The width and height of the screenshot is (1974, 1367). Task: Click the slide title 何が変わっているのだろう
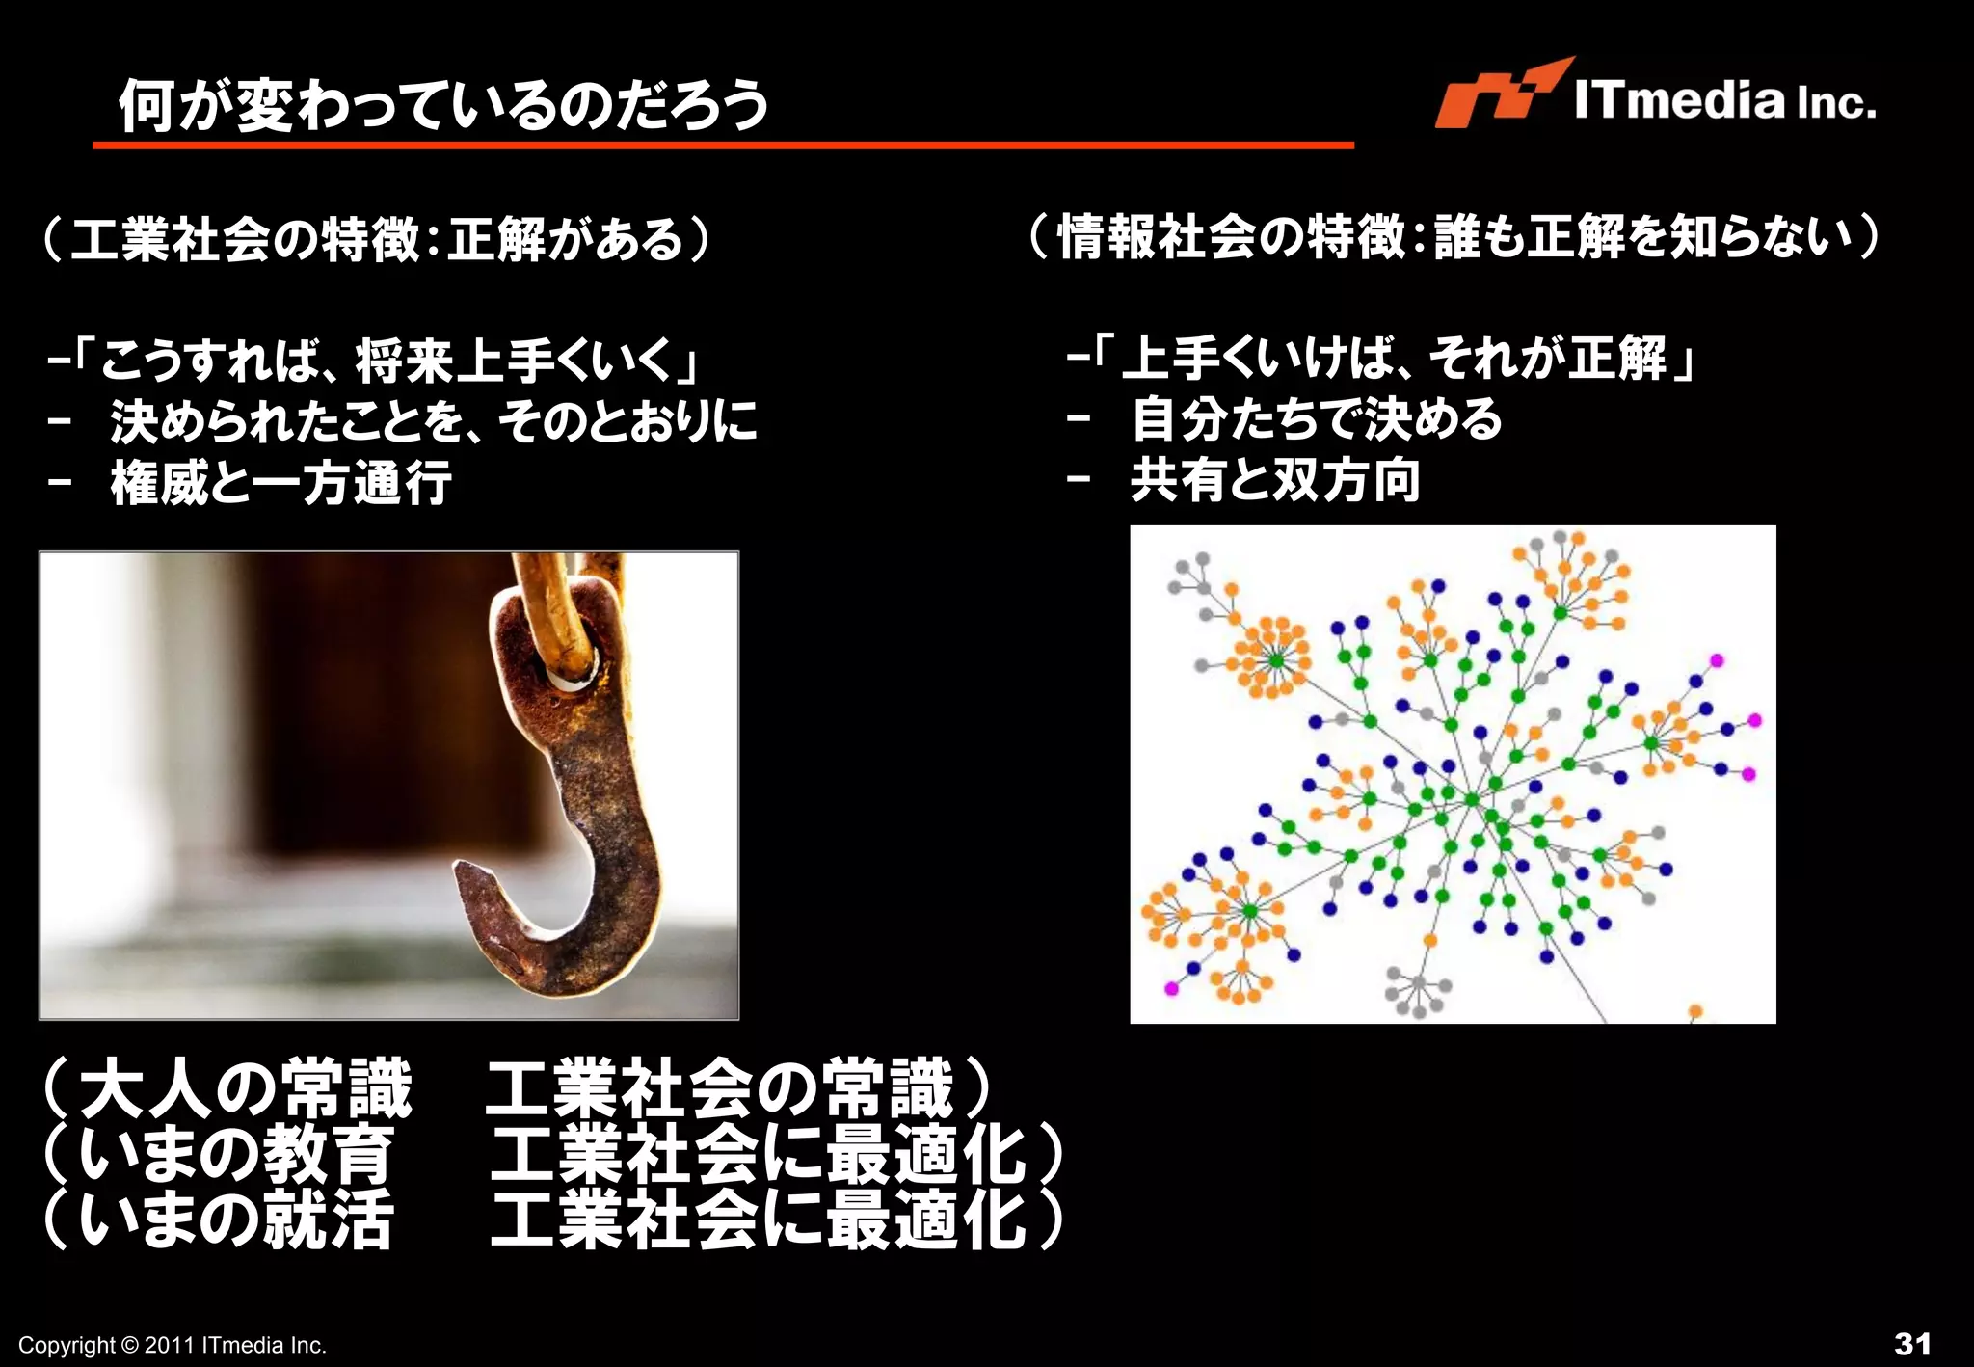(443, 104)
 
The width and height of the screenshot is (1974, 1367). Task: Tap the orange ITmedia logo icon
(1497, 94)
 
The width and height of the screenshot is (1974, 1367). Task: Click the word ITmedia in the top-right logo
(1678, 100)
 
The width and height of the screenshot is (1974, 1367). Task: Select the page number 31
(1912, 1343)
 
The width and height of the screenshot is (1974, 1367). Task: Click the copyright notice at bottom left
(173, 1345)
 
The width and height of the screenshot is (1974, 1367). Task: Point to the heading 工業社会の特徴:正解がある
(376, 239)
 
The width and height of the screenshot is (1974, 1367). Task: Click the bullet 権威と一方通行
(280, 482)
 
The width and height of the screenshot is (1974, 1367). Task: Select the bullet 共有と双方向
(1274, 479)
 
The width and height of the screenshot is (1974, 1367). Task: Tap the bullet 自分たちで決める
(1317, 419)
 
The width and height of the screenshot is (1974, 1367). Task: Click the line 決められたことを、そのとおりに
(434, 421)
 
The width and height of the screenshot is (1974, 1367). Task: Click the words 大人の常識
(246, 1089)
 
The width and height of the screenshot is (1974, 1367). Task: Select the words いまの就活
(236, 1220)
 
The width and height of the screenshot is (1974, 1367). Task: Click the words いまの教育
(236, 1154)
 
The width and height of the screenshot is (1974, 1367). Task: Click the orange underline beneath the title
(723, 146)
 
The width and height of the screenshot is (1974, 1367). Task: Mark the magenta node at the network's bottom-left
(1171, 988)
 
